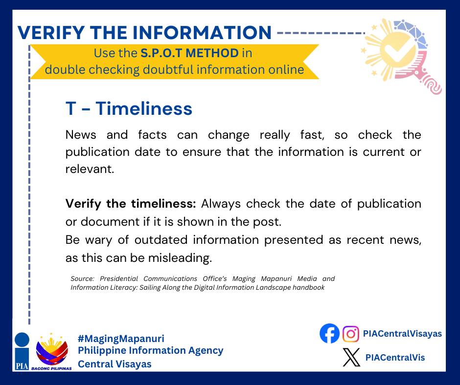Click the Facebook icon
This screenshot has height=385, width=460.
click(329, 333)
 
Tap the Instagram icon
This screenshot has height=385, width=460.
click(350, 334)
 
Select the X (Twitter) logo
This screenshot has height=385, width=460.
click(351, 357)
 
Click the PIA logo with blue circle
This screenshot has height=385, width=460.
click(22, 351)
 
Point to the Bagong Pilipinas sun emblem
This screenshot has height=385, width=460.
click(52, 350)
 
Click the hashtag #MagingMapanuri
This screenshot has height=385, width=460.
click(121, 339)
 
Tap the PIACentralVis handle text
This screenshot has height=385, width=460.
click(395, 358)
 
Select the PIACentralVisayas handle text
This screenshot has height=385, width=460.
click(402, 333)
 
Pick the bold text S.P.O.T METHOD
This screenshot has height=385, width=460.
click(189, 53)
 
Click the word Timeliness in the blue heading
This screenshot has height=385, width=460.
click(144, 108)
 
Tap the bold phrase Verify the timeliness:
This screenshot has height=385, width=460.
click(131, 204)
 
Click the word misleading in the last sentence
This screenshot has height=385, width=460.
click(180, 258)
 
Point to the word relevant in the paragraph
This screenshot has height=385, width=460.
click(90, 169)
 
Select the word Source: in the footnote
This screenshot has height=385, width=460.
click(82, 278)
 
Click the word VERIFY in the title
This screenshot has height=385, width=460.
click(51, 32)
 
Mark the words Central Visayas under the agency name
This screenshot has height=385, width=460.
click(115, 364)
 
